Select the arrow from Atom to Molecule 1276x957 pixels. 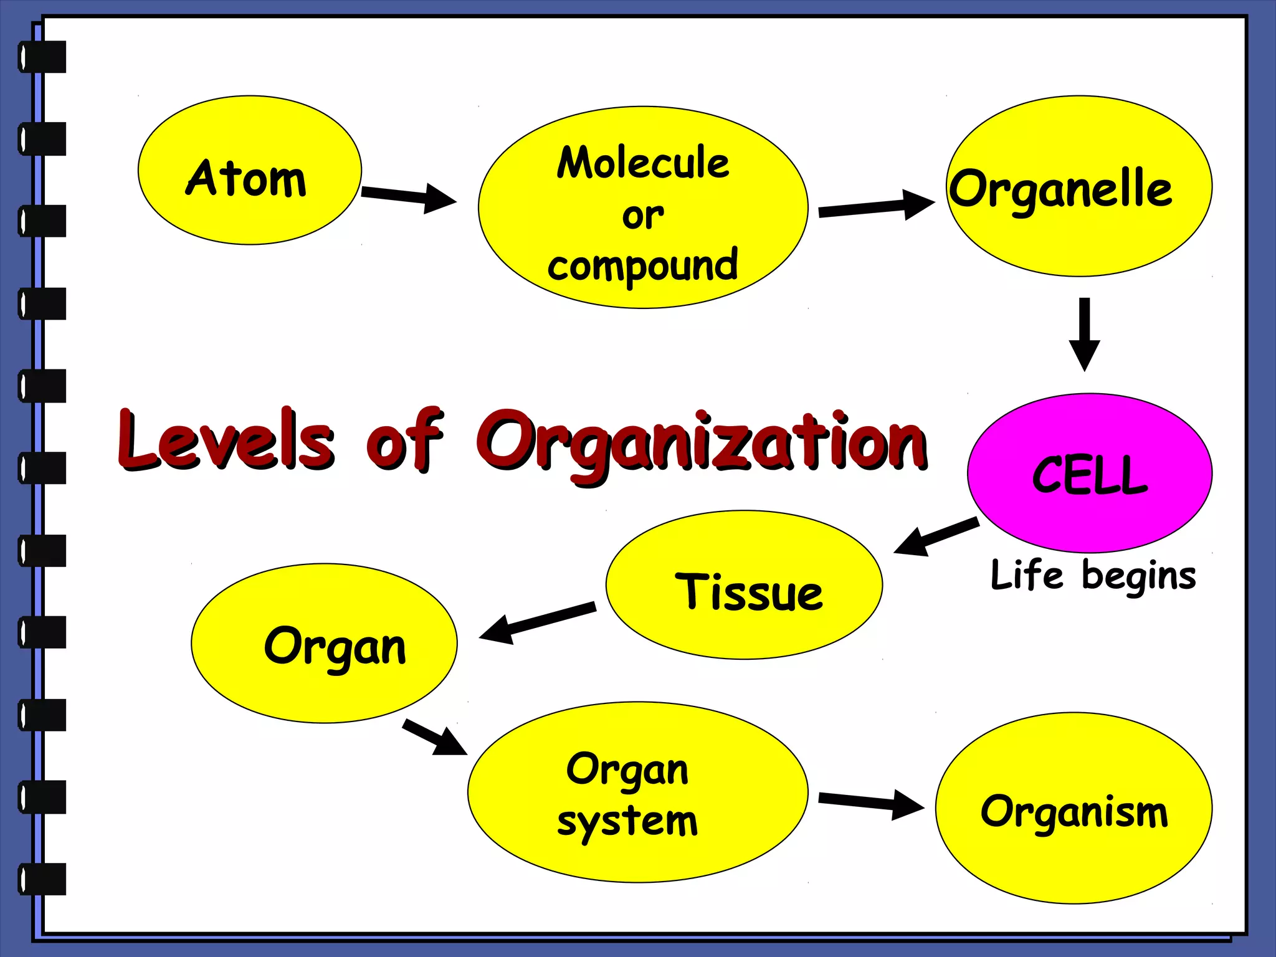coord(409,197)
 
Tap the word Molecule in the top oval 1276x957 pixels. coord(643,163)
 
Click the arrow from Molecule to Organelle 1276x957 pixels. coord(875,207)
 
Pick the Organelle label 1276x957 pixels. coord(1060,189)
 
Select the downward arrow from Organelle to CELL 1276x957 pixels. coord(1084,333)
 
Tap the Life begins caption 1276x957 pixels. coord(1093,575)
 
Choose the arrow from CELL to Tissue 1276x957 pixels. coord(936,536)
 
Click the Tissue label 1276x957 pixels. coord(749,591)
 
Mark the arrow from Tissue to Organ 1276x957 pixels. coord(537,622)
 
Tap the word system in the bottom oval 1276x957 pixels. coord(627,821)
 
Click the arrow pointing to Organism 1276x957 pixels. coord(870,802)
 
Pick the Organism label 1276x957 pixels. coord(1074,812)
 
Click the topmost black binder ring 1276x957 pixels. coord(42,57)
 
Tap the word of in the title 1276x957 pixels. coord(405,439)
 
